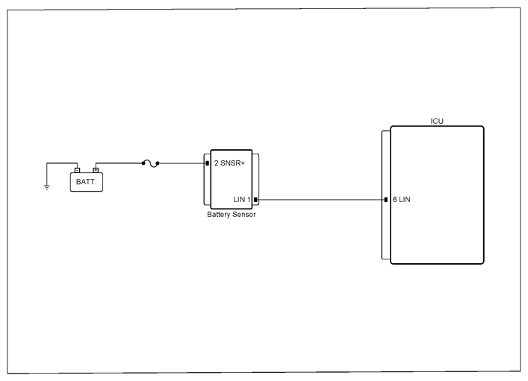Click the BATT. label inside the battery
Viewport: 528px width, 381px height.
click(86, 182)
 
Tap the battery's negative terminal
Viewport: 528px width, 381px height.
click(77, 170)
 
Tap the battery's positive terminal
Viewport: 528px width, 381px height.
click(96, 170)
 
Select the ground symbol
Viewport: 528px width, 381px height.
click(47, 187)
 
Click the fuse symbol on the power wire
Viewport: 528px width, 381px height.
click(151, 164)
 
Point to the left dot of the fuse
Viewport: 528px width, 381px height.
click(143, 163)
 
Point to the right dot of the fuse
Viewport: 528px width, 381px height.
click(158, 163)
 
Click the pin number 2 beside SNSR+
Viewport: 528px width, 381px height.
click(216, 163)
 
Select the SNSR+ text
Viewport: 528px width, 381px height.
click(232, 163)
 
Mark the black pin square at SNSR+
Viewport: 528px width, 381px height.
click(208, 163)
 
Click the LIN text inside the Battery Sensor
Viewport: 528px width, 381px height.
click(239, 199)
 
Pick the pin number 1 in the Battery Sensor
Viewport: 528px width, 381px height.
click(249, 199)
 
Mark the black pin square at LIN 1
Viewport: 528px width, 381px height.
click(255, 200)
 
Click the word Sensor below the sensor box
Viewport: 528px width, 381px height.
click(243, 215)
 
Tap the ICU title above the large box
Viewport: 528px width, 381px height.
click(437, 121)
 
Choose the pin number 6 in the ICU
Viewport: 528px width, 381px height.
click(394, 199)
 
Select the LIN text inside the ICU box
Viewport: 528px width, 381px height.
click(405, 199)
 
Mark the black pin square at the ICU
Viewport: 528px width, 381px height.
click(386, 200)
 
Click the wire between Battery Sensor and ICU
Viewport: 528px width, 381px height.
click(320, 200)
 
